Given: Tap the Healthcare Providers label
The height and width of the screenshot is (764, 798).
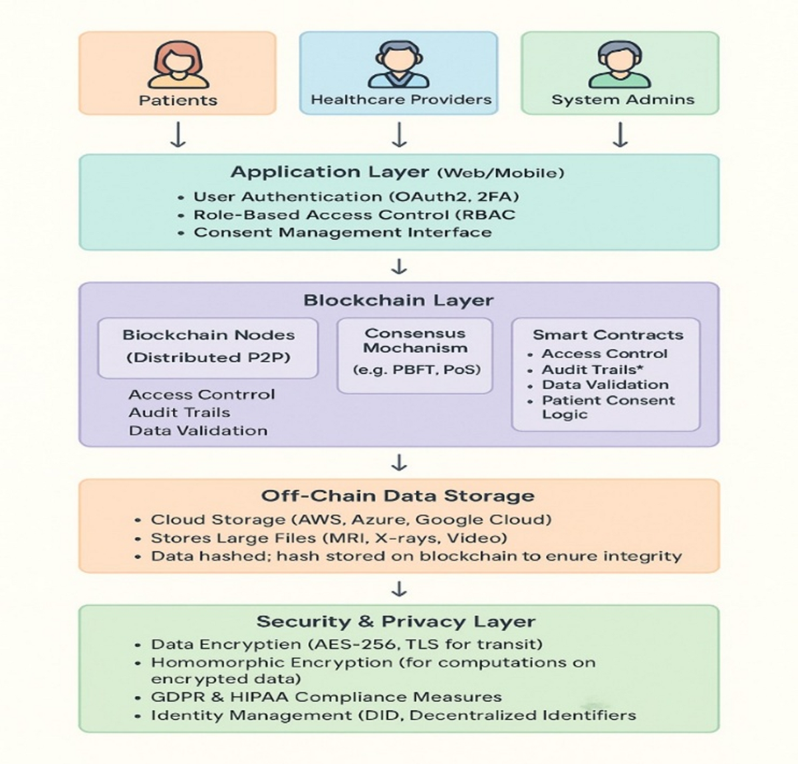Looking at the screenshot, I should [401, 100].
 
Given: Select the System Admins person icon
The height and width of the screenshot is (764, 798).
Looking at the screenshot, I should [619, 64].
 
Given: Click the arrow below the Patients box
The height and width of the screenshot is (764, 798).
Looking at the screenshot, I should [178, 134].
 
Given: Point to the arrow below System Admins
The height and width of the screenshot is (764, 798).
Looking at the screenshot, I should [620, 134].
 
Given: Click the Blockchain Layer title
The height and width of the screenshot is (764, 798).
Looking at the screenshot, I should [398, 300].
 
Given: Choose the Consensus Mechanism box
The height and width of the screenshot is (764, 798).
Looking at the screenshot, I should [415, 355].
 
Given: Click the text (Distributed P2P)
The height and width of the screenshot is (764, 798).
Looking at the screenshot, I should [208, 358].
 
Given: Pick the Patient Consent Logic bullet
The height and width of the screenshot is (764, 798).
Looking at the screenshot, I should [608, 407].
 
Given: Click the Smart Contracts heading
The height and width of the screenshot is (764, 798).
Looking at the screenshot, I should [607, 335].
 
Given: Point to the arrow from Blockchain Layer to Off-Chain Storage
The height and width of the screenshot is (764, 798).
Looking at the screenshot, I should [399, 462].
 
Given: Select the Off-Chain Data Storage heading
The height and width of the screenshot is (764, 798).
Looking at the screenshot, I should [397, 496].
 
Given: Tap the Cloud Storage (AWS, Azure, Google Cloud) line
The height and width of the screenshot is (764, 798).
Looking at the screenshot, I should [350, 520].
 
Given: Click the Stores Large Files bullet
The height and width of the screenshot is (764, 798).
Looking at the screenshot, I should [329, 538].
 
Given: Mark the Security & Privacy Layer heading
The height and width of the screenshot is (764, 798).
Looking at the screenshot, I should [396, 622].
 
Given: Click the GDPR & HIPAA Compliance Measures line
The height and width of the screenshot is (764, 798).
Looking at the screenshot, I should [326, 697].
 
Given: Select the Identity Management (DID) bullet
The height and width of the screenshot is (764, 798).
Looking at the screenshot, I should [392, 715].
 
